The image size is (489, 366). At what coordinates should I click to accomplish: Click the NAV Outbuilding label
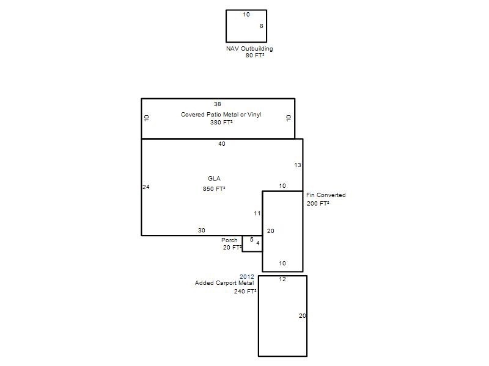[x=249, y=49]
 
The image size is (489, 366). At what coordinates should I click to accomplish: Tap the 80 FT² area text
[x=255, y=56]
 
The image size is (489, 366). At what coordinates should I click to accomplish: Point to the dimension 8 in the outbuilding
[x=262, y=26]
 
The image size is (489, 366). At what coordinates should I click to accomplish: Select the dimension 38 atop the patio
[x=218, y=104]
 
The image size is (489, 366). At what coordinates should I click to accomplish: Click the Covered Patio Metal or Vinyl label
[x=221, y=115]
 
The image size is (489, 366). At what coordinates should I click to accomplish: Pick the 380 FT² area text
[x=221, y=123]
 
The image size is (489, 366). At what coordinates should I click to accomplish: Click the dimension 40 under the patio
[x=222, y=144]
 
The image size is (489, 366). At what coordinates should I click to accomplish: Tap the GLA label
[x=214, y=178]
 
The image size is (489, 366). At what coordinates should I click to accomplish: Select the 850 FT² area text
[x=214, y=189]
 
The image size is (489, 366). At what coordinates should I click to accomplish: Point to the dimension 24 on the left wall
[x=146, y=187]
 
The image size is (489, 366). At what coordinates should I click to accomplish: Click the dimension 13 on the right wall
[x=298, y=165]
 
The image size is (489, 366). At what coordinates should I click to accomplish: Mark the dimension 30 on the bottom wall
[x=202, y=231]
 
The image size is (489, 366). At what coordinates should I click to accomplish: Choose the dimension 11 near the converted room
[x=257, y=213]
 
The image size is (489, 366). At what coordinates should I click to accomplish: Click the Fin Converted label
[x=326, y=195]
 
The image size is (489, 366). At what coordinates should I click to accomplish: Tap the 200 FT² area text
[x=318, y=204]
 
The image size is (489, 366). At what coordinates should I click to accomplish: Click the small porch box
[x=252, y=243]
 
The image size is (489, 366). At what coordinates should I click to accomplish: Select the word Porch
[x=229, y=240]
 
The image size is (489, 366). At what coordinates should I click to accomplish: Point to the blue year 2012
[x=247, y=277]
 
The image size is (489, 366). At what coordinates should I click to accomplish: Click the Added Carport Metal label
[x=224, y=283]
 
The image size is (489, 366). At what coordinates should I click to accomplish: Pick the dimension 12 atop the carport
[x=282, y=279]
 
